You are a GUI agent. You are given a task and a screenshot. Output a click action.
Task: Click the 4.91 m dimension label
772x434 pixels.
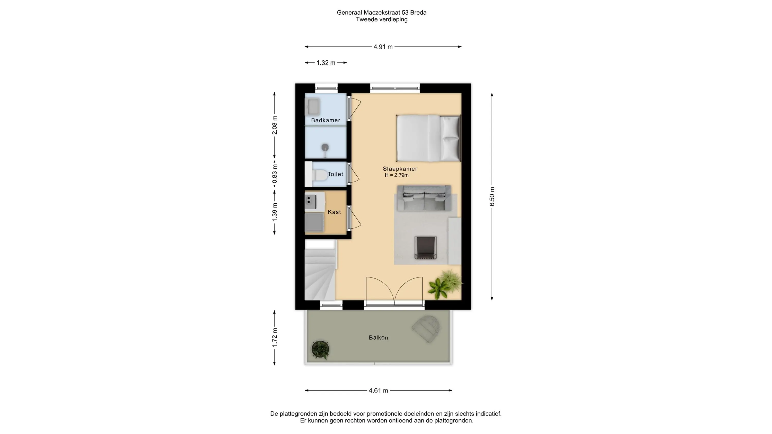tap(383, 47)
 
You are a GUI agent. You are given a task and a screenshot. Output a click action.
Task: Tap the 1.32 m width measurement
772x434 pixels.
tap(326, 63)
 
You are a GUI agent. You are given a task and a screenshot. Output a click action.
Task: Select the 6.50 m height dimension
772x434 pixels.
tap(492, 196)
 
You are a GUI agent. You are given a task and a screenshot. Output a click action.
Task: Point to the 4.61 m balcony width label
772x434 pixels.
tap(378, 391)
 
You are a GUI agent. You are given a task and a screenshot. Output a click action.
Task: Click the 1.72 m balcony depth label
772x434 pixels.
tap(275, 338)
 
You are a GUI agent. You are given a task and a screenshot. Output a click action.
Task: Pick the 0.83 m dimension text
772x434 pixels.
tap(275, 174)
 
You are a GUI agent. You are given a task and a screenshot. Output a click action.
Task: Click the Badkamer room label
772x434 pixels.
tap(326, 120)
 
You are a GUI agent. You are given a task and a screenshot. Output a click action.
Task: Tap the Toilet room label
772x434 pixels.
tap(335, 174)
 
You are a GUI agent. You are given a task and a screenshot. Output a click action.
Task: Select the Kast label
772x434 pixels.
tap(335, 212)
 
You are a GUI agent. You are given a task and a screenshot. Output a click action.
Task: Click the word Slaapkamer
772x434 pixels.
tap(400, 169)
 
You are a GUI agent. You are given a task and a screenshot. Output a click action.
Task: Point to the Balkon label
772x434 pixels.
tap(379, 338)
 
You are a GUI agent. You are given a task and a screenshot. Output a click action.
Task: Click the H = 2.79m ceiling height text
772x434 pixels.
tap(397, 175)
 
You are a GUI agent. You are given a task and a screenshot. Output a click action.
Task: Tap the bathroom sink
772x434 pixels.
tap(313, 107)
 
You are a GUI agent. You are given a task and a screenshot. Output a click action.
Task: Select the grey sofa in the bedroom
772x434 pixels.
tap(424, 198)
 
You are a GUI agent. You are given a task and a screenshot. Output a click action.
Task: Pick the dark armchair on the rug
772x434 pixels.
tap(426, 248)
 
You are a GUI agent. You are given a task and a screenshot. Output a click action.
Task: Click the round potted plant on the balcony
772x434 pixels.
tap(320, 349)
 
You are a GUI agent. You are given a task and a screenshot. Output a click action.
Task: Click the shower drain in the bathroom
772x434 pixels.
tap(325, 147)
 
